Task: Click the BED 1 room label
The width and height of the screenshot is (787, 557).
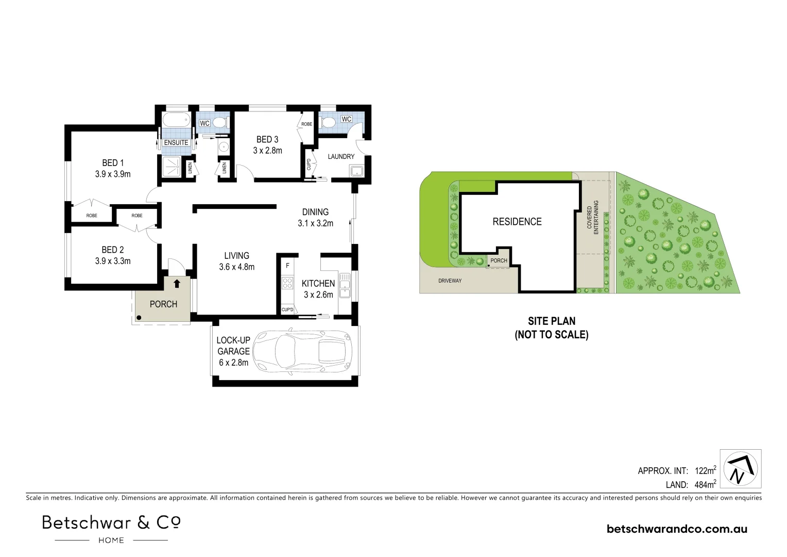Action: tap(113, 163)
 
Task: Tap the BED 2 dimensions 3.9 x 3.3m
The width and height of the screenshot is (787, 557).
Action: tap(113, 261)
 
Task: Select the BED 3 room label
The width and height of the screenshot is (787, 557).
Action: tap(267, 139)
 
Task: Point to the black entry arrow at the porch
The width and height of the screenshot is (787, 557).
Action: tap(177, 283)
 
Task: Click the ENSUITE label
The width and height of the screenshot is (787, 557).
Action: tap(176, 143)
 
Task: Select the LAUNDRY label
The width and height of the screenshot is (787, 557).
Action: tap(341, 156)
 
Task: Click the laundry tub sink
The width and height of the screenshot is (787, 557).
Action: tap(356, 171)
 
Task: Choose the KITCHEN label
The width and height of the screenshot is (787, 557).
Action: tap(318, 283)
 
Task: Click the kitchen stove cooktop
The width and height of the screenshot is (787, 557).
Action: tap(287, 283)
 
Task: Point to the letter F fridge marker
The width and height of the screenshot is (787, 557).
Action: tap(287, 266)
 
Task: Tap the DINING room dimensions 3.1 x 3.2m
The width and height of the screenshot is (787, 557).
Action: tap(315, 223)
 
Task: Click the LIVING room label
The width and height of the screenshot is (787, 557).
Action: tap(236, 255)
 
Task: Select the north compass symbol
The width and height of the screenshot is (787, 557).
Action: tap(740, 469)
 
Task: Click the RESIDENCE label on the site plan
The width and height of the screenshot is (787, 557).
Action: tap(517, 222)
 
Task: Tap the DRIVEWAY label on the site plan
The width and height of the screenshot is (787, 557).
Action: tap(450, 281)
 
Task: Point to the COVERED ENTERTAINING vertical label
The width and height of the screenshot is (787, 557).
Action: tap(593, 220)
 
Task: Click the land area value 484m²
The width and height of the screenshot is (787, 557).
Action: tap(705, 484)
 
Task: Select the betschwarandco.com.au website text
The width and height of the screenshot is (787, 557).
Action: tap(677, 529)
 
